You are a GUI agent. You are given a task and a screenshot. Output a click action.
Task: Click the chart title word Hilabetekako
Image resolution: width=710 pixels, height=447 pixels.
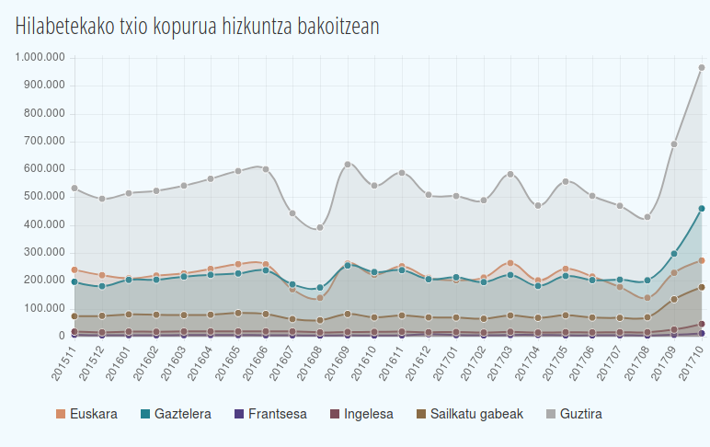[x=64, y=27]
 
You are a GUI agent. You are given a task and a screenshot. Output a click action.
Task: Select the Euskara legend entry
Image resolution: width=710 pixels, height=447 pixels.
[x=86, y=414]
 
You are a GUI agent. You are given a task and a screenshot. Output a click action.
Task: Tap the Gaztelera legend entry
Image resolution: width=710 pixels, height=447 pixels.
[x=176, y=414]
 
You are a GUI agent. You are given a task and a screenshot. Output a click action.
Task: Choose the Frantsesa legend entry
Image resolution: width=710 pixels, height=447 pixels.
[x=270, y=414]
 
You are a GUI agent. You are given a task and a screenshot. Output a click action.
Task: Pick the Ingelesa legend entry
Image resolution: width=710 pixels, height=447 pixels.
[x=361, y=414]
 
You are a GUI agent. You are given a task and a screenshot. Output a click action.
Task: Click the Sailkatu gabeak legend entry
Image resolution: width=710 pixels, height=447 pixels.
[x=470, y=414]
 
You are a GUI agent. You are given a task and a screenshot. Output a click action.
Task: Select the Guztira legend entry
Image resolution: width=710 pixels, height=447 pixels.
[x=574, y=414]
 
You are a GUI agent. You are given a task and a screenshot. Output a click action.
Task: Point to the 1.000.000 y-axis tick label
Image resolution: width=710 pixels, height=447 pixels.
[x=40, y=58]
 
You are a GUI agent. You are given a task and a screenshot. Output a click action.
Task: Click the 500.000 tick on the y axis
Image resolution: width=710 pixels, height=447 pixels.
[x=44, y=197]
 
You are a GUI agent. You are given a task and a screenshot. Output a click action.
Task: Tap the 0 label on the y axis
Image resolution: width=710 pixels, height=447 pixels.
[x=62, y=336]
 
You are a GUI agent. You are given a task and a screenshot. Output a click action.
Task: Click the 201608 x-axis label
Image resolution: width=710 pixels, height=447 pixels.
[x=310, y=363]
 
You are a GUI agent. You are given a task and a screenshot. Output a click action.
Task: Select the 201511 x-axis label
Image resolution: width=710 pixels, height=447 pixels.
[x=63, y=363]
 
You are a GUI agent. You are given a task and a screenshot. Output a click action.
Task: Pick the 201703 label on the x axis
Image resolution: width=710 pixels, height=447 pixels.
[x=500, y=363]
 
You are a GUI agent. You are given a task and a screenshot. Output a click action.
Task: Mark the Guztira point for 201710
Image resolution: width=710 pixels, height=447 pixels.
[x=702, y=67]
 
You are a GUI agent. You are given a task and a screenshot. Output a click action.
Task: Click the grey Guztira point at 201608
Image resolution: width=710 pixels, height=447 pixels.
[x=320, y=228]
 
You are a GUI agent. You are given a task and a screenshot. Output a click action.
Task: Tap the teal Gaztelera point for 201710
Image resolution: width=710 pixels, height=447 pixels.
[x=702, y=209]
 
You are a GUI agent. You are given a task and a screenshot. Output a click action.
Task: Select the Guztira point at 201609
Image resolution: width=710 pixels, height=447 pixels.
[x=348, y=165]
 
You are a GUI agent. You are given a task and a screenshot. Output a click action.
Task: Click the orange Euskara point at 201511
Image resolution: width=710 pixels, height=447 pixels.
[x=74, y=269]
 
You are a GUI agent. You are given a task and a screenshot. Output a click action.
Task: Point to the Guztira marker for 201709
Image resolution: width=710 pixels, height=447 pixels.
[x=674, y=144]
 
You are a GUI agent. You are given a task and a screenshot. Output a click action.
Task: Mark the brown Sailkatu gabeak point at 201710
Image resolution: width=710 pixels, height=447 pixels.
[x=702, y=287]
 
